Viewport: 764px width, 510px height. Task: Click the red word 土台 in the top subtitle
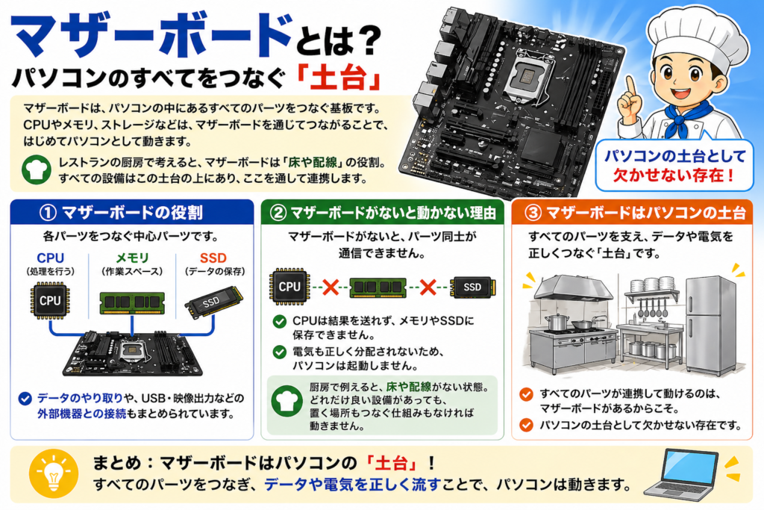coord(348,77)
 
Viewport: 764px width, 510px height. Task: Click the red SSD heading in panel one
coord(213,258)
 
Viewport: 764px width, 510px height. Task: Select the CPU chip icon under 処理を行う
coord(50,300)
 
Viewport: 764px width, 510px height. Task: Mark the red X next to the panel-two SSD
coord(428,287)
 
